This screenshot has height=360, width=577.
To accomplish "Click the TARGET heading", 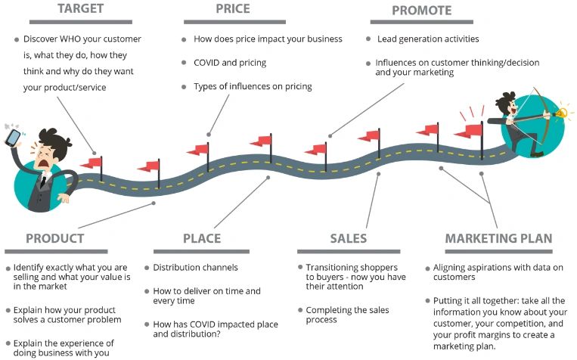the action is (x=81, y=8).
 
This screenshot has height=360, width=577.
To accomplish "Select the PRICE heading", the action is (x=233, y=8).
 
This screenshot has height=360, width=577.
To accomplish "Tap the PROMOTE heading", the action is (x=422, y=11).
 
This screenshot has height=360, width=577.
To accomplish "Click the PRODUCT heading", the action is (x=55, y=238).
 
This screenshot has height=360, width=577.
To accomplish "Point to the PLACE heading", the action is (x=202, y=238).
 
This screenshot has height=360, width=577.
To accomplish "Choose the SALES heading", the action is (x=349, y=238).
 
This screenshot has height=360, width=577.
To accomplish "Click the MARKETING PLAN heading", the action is (x=498, y=238).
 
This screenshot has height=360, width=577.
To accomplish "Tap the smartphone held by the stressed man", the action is (x=13, y=138).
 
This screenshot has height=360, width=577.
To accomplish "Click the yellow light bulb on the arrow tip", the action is (x=562, y=113).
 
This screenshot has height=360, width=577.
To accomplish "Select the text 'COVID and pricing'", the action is (x=230, y=63).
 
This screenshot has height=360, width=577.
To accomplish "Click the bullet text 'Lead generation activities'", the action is (x=428, y=39).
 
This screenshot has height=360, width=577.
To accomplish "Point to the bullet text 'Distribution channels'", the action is (x=195, y=267).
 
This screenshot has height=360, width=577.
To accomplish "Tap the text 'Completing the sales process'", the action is (x=347, y=315).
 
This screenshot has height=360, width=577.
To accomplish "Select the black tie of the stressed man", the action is (x=43, y=182).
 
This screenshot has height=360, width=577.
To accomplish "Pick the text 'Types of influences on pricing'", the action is (x=253, y=86).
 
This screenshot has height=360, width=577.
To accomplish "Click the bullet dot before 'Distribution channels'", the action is (x=147, y=268).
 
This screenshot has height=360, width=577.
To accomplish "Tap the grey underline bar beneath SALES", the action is (x=349, y=252).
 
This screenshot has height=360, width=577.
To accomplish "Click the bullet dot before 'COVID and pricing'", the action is (x=184, y=63).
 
